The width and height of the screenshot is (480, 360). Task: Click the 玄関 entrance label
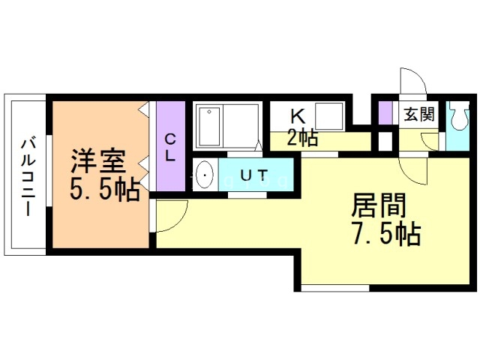click(418, 115)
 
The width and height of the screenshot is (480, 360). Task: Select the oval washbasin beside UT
click(204, 177)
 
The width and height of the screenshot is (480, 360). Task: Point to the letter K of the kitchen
click(298, 116)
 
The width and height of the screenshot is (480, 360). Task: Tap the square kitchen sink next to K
click(329, 116)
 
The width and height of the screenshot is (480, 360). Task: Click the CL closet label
click(170, 148)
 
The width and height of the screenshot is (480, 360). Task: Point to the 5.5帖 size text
click(104, 190)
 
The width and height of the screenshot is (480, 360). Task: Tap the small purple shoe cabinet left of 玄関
click(385, 112)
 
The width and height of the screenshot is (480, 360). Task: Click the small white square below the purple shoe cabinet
click(385, 140)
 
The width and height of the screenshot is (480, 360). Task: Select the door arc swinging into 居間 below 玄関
click(415, 169)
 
